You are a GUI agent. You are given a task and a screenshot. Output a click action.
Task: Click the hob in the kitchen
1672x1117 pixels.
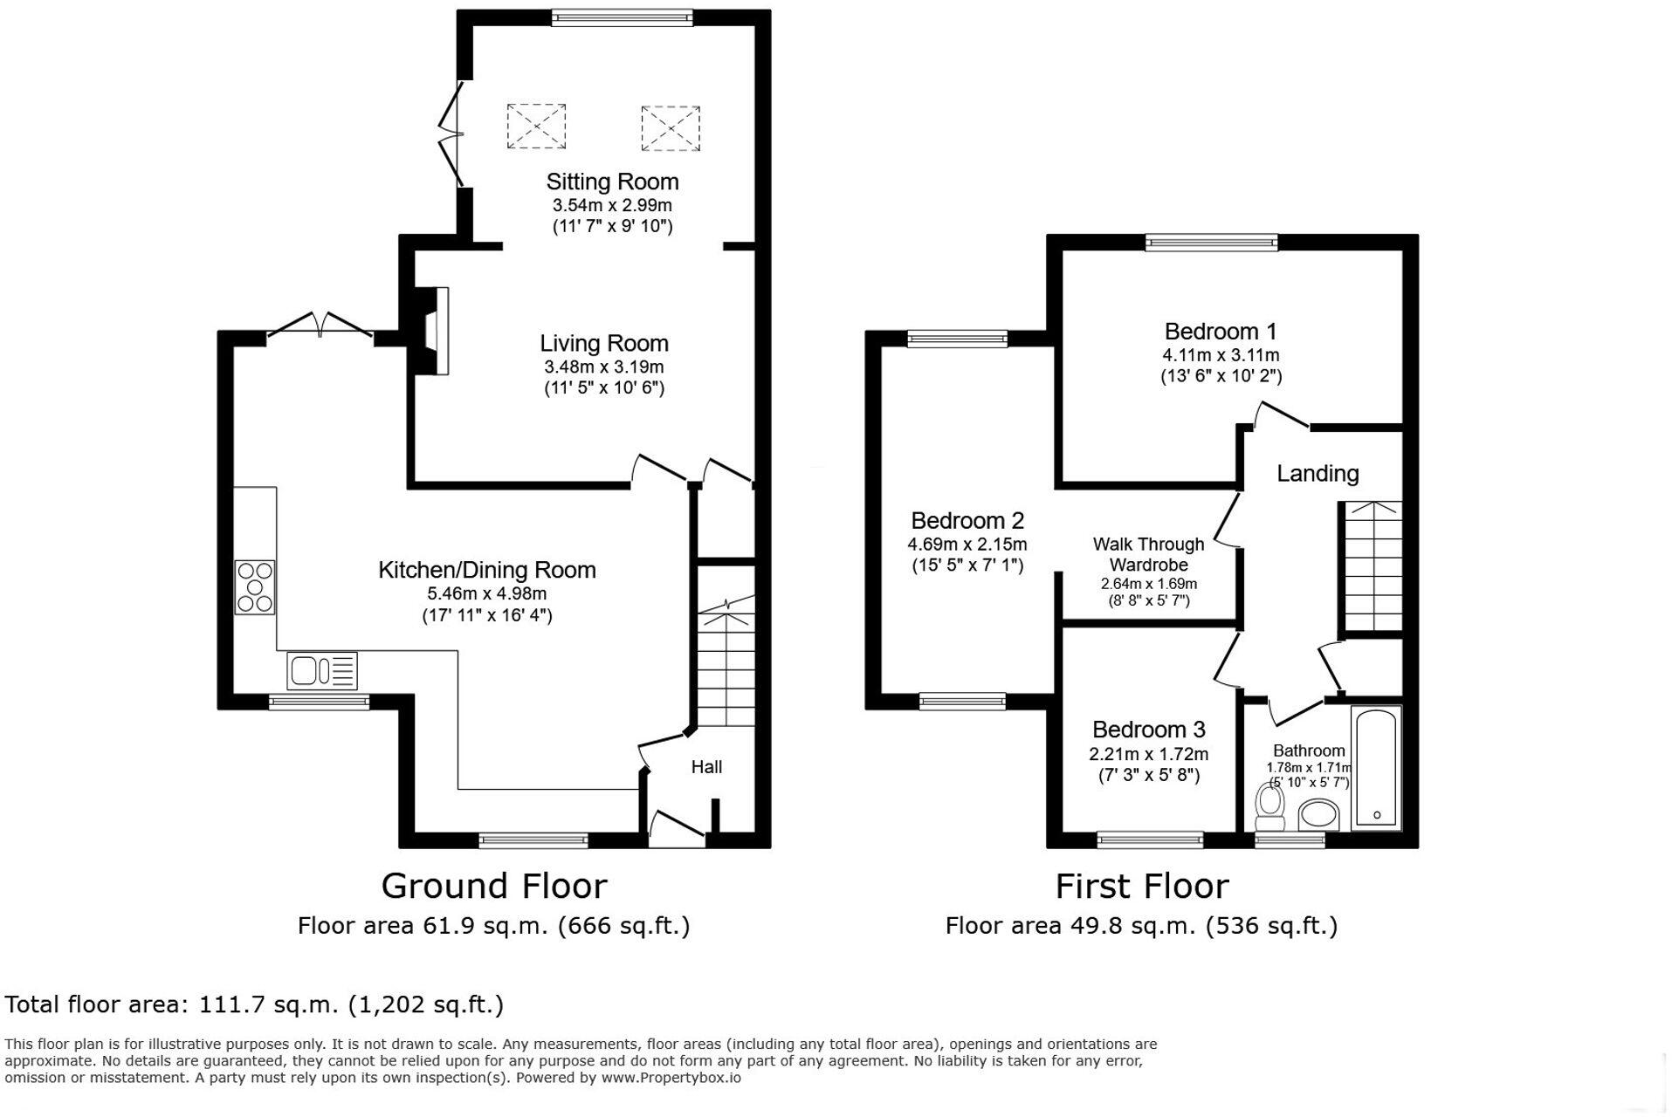pyautogui.click(x=255, y=587)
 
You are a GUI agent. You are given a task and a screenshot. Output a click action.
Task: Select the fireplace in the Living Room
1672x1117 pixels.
pyautogui.click(x=435, y=332)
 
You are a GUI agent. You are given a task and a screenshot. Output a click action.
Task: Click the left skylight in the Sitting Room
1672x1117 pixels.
pyautogui.click(x=536, y=127)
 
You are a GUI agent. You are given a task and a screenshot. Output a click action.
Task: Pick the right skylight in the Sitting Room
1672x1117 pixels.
pyautogui.click(x=670, y=128)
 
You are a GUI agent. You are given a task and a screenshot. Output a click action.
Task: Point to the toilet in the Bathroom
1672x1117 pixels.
pyautogui.click(x=1269, y=808)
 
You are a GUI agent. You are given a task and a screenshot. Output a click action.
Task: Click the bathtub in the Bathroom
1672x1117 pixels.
pyautogui.click(x=1376, y=768)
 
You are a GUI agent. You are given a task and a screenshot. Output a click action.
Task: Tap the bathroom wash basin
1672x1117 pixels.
pyautogui.click(x=1318, y=817)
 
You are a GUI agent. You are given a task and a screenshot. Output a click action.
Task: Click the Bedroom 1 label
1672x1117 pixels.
pyautogui.click(x=1220, y=332)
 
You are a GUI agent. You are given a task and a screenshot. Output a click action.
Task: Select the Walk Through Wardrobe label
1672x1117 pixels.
pyautogui.click(x=1148, y=554)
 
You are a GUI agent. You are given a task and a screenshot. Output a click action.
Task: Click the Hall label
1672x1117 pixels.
pyautogui.click(x=706, y=767)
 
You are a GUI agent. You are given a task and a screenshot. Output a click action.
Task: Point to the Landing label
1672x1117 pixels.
pyautogui.click(x=1317, y=474)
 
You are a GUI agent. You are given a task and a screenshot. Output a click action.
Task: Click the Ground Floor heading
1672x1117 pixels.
pyautogui.click(x=494, y=887)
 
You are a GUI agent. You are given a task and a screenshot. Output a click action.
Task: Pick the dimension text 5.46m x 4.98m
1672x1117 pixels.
pyautogui.click(x=486, y=593)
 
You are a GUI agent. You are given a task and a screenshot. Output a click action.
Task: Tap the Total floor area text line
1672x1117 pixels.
pyautogui.click(x=254, y=1004)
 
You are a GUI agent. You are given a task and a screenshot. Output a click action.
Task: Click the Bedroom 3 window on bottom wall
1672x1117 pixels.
pyautogui.click(x=1150, y=839)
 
